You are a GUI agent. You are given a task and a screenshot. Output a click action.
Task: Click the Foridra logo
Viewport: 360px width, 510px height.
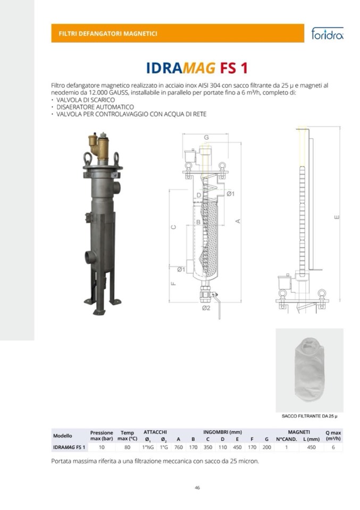(x=327, y=33)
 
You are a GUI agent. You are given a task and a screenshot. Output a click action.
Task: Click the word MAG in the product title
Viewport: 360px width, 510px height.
(x=199, y=68)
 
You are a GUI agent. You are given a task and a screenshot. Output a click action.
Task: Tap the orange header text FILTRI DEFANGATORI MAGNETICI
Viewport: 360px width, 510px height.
(x=108, y=34)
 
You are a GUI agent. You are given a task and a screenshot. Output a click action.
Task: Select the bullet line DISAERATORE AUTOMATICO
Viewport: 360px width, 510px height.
(x=95, y=107)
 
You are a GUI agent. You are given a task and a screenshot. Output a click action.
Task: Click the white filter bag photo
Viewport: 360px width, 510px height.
(x=309, y=370)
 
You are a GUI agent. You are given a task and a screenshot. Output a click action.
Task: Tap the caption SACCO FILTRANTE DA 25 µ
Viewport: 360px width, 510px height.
(x=309, y=416)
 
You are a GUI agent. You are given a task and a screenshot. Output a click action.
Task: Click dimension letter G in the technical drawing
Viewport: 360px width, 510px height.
(x=206, y=138)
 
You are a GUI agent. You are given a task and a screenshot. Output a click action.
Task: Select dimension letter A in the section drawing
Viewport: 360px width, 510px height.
(x=238, y=221)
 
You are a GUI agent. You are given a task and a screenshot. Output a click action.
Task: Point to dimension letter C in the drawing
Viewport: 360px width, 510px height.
(x=174, y=227)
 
